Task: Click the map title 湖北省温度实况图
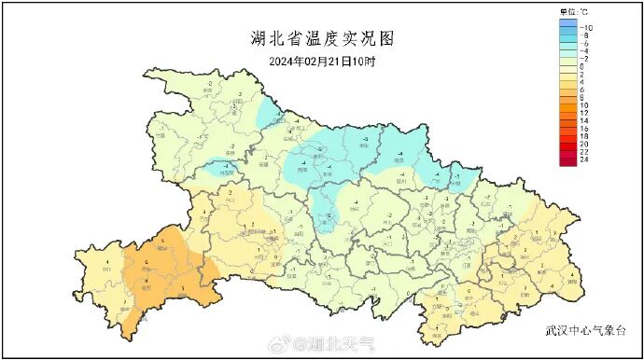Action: tap(322, 38)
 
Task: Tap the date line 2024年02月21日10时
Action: tap(322, 62)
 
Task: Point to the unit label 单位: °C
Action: tap(574, 11)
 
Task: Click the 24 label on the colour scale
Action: tap(584, 160)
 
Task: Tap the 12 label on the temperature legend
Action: tap(584, 113)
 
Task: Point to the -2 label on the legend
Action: tap(584, 59)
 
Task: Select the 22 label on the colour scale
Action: tap(584, 152)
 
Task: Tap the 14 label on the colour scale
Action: tap(584, 121)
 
